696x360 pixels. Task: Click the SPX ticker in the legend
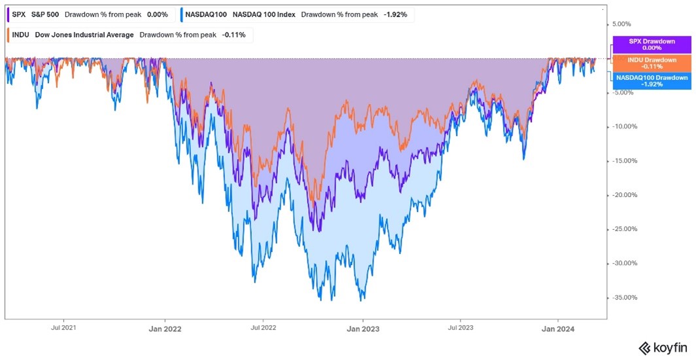point(18,14)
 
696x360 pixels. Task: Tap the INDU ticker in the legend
point(21,35)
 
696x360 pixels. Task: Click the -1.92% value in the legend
point(398,14)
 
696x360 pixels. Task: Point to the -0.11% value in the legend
point(234,35)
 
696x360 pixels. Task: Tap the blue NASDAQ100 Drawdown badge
point(652,81)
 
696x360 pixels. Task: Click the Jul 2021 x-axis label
point(62,327)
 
